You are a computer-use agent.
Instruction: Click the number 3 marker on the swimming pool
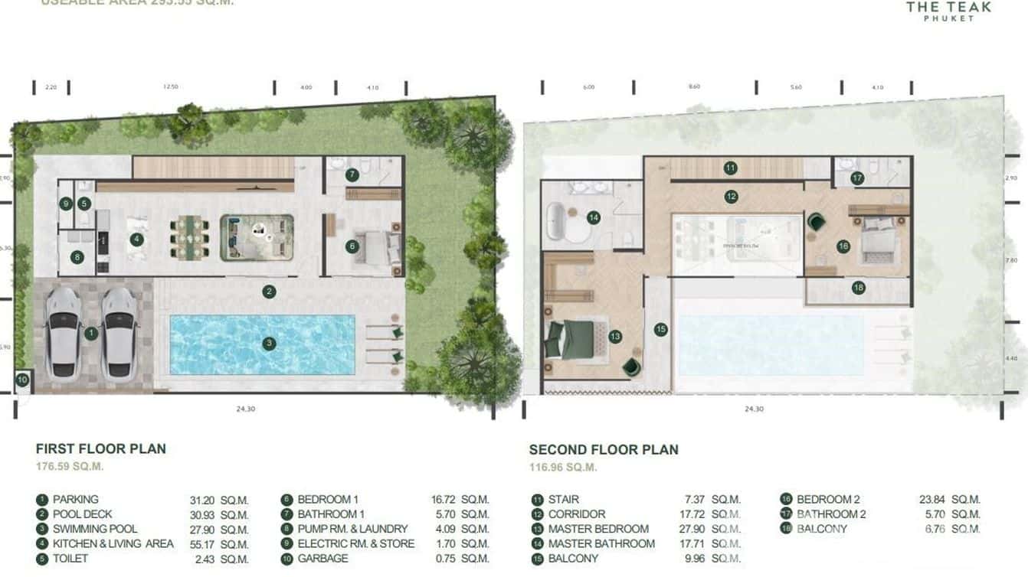pyautogui.click(x=269, y=344)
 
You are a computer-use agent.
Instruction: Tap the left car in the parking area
pyautogui.click(x=64, y=334)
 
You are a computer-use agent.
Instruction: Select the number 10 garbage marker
pyautogui.click(x=22, y=380)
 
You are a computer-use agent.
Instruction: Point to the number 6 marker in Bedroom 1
pyautogui.click(x=352, y=246)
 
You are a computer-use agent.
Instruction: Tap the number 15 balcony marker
pyautogui.click(x=661, y=329)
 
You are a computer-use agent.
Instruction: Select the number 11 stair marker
pyautogui.click(x=731, y=168)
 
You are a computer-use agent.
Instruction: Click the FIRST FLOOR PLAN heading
pyautogui.click(x=101, y=449)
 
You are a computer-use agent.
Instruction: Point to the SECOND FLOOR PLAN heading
pyautogui.click(x=604, y=450)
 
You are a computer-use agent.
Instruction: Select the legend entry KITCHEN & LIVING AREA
pyautogui.click(x=113, y=544)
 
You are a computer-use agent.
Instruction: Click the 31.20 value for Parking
pyautogui.click(x=203, y=500)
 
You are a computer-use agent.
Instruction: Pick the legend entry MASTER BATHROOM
pyautogui.click(x=601, y=544)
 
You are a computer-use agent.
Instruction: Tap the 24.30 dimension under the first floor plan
pyautogui.click(x=245, y=409)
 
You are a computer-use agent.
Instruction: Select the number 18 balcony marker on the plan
pyautogui.click(x=858, y=288)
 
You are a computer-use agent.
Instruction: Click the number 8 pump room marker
pyautogui.click(x=77, y=257)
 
